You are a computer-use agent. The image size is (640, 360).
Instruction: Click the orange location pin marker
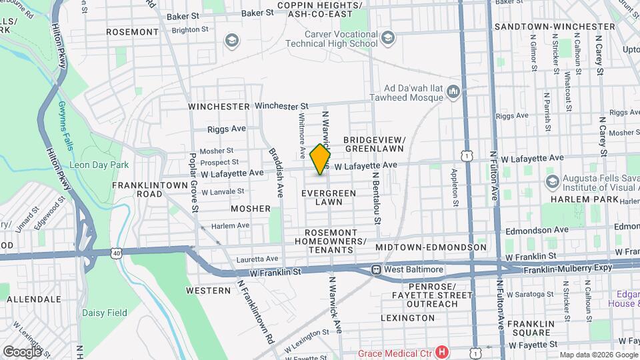pos(321,159)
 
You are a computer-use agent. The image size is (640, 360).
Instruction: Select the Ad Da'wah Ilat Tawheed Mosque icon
pos(454,91)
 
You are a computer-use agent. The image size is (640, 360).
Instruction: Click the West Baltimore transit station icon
pos(377,269)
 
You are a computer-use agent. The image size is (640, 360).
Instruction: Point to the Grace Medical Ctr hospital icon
pos(441,351)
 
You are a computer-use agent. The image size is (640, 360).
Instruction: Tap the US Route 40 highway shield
pos(118,252)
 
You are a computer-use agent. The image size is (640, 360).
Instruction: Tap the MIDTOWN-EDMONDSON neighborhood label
pos(431,247)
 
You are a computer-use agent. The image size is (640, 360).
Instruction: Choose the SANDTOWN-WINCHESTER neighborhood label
pos(553,27)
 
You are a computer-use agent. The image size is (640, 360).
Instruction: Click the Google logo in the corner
pos(22,351)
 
